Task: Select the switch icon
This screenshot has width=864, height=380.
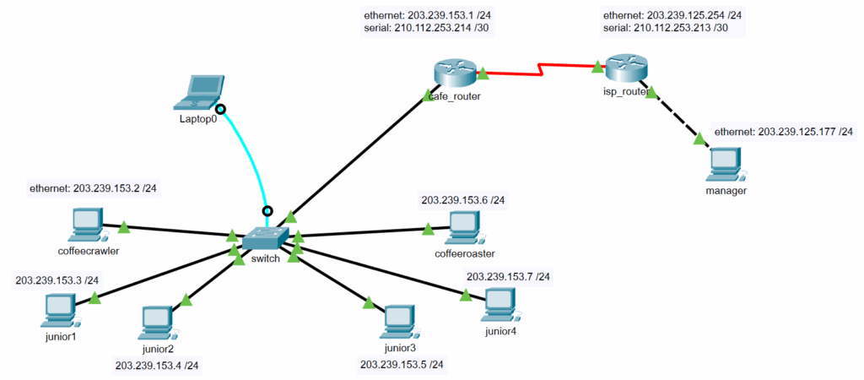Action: [x=264, y=238]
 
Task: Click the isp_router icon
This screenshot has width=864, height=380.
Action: [x=625, y=68]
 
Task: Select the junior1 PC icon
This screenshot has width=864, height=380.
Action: [x=60, y=310]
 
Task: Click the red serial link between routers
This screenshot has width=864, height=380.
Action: [x=540, y=69]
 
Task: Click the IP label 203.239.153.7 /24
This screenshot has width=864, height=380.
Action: [x=508, y=276]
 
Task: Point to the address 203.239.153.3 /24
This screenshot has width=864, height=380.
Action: [x=57, y=280]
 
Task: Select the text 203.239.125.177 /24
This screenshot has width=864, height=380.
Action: [x=784, y=132]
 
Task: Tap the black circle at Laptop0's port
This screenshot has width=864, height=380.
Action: [x=221, y=109]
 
